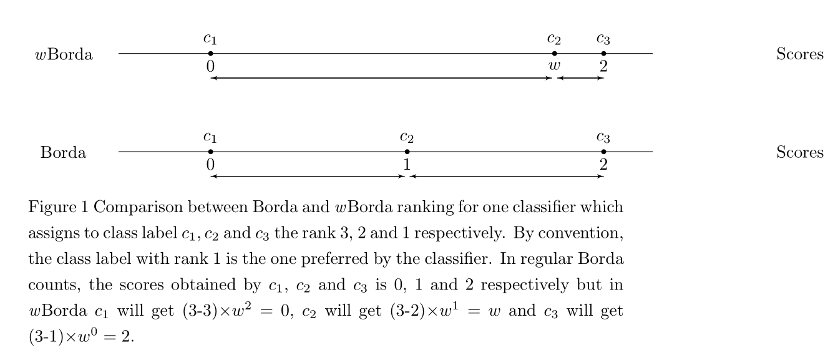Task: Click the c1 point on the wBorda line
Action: [x=211, y=54]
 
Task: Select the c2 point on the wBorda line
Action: [x=555, y=54]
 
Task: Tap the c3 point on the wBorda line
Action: [x=603, y=54]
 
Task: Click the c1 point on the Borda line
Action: [x=211, y=152]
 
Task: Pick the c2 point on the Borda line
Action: [x=407, y=152]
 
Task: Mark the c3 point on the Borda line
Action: [x=603, y=152]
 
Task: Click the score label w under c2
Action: [x=553, y=66]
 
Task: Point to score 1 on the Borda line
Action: [x=407, y=165]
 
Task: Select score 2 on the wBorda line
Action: [x=603, y=66]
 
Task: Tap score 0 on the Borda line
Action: [x=211, y=165]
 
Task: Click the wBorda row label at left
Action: [x=64, y=54]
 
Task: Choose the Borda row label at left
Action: [x=64, y=152]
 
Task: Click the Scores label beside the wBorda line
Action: [x=800, y=54]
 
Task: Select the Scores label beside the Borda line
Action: [x=800, y=152]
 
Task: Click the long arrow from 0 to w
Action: [x=381, y=78]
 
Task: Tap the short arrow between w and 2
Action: [x=580, y=78]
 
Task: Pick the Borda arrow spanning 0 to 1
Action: [x=308, y=176]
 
